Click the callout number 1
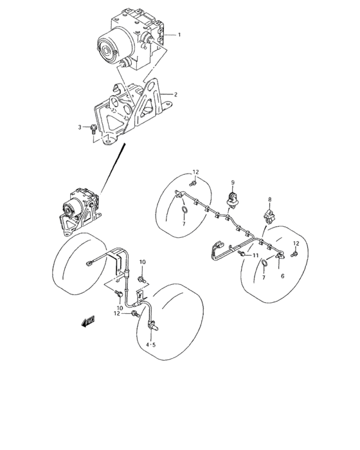tap(180, 34)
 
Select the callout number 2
tap(175, 94)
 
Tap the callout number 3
tap(80, 127)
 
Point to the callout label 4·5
tap(152, 345)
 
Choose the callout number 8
tap(271, 200)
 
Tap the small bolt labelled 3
tap(94, 129)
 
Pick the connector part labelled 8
tap(268, 215)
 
